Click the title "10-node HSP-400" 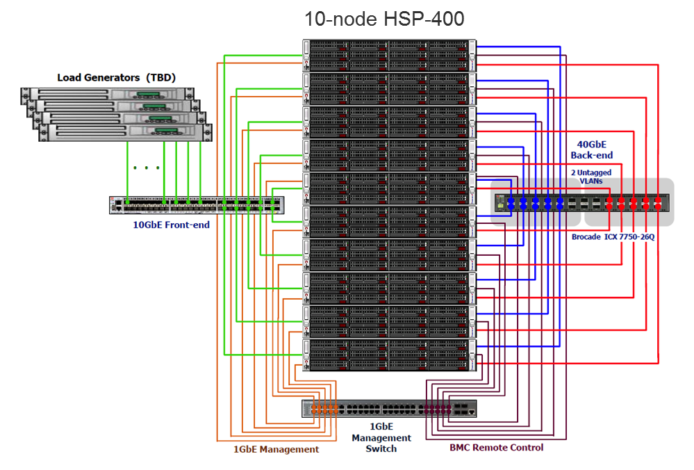[384, 19]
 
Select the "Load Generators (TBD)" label [116, 77]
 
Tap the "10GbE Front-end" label [171, 225]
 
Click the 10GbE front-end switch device [197, 204]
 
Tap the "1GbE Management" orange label [276, 449]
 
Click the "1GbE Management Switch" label [381, 437]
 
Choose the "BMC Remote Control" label [497, 447]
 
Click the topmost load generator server [104, 95]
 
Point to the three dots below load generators [147, 168]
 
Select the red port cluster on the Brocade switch [633, 203]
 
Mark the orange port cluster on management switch [324, 408]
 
